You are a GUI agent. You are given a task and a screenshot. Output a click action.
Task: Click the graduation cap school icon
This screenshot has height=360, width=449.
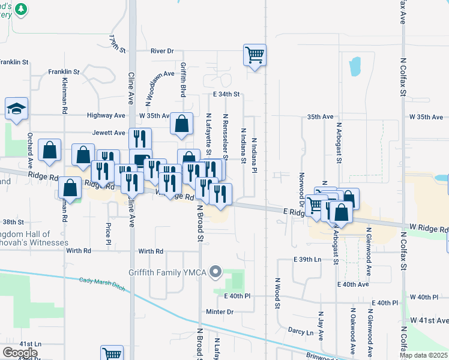[17, 108]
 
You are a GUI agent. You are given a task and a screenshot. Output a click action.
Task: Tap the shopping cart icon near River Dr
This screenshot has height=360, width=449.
[255, 55]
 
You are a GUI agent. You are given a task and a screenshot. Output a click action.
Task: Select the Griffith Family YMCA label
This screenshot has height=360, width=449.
[167, 272]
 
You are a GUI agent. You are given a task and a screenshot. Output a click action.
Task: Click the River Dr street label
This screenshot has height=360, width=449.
[162, 52]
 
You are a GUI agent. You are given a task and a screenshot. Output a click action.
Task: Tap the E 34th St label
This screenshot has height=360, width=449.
[226, 95]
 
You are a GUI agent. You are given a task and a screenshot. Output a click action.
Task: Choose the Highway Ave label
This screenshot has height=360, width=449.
[106, 115]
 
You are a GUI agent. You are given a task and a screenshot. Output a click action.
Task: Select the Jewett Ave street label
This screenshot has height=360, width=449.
[109, 133]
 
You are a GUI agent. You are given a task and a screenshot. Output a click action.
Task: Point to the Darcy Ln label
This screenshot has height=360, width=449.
[301, 332]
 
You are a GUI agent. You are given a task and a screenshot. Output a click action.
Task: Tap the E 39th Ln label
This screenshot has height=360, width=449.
[307, 259]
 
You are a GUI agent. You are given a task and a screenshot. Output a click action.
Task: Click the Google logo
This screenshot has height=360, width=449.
[20, 353]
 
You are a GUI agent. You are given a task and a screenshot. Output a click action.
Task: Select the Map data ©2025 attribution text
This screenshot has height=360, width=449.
[424, 355]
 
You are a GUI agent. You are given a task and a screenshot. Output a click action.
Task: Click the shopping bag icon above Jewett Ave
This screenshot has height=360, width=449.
[182, 124]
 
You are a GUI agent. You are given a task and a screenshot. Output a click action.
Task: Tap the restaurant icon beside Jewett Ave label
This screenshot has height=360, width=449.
[140, 139]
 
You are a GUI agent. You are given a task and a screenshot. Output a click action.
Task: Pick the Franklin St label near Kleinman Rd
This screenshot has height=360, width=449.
[64, 72]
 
